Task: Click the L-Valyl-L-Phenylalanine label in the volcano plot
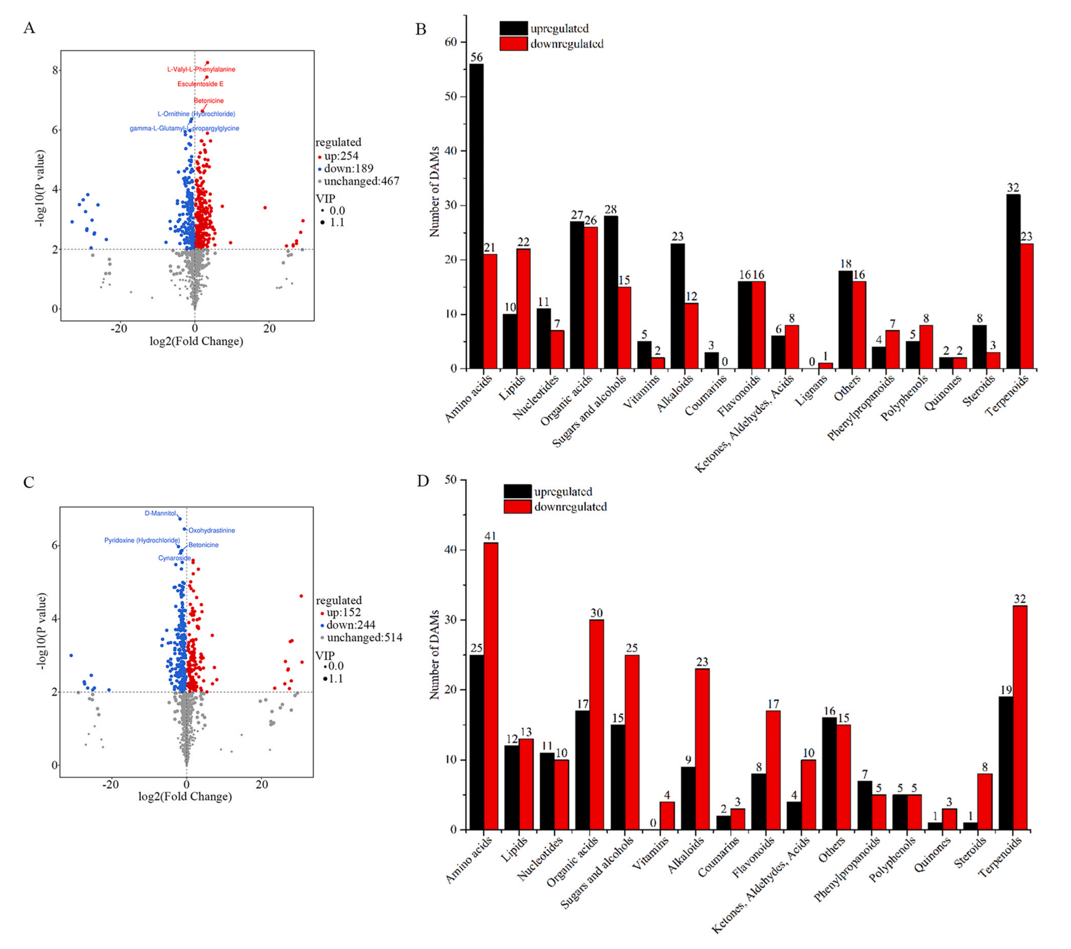tap(201, 69)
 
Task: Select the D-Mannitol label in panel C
tap(160, 513)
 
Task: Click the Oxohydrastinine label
tap(212, 530)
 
